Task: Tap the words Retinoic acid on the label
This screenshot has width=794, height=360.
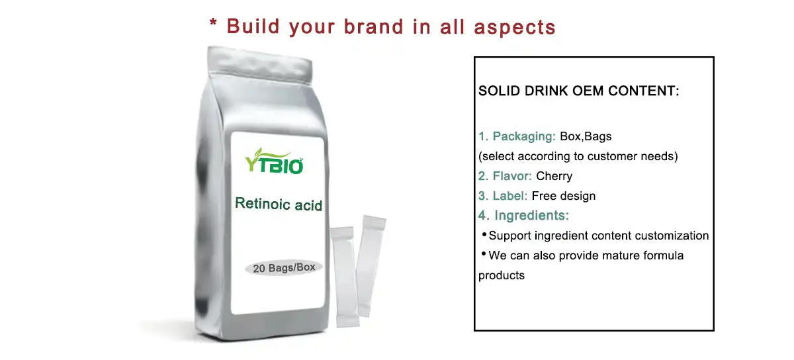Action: pos(279,204)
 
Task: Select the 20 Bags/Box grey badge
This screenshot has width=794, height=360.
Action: pos(283,267)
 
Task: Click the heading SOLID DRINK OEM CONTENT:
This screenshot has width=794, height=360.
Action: pos(579,91)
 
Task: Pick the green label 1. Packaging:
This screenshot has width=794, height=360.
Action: pos(517,136)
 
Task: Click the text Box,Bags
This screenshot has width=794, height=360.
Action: pos(586,136)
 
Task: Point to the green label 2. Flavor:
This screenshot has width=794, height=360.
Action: pos(506,176)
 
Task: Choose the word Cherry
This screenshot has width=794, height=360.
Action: pos(554,176)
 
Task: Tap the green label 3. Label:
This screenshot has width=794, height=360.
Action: pos(503,196)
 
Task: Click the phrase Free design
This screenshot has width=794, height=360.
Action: pos(564,196)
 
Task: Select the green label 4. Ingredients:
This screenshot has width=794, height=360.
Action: pos(524,215)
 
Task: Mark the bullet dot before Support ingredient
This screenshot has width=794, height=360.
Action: pos(484,234)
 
